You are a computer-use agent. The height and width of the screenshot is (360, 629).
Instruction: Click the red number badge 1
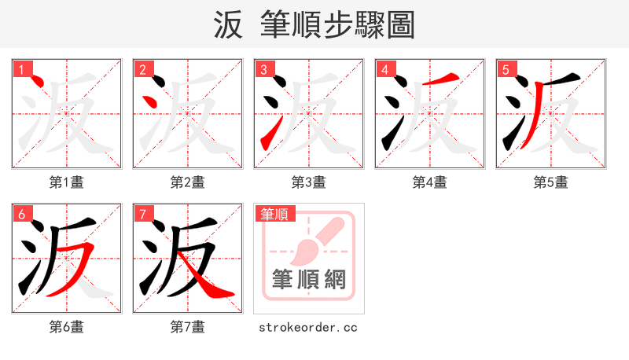21,70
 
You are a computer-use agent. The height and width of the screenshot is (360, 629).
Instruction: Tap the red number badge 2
142,70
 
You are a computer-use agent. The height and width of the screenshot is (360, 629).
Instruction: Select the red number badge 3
263,70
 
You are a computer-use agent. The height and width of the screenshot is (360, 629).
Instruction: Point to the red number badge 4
384,70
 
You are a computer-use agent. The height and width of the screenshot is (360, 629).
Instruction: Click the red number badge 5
506,70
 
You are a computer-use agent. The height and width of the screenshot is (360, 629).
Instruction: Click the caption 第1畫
67,182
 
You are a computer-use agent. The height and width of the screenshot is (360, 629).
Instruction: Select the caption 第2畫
188,182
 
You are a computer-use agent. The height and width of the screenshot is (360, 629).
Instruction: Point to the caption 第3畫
309,182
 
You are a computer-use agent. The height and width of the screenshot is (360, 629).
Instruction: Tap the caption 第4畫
430,182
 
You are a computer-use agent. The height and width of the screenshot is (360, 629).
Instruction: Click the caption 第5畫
551,182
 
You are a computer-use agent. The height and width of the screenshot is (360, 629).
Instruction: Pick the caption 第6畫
67,326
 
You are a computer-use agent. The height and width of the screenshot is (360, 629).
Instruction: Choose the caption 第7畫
188,326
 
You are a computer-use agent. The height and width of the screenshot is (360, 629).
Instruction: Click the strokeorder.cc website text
308,326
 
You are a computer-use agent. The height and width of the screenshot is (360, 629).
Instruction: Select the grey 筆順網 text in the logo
309,279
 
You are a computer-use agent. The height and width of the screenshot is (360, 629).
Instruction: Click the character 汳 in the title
229,24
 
